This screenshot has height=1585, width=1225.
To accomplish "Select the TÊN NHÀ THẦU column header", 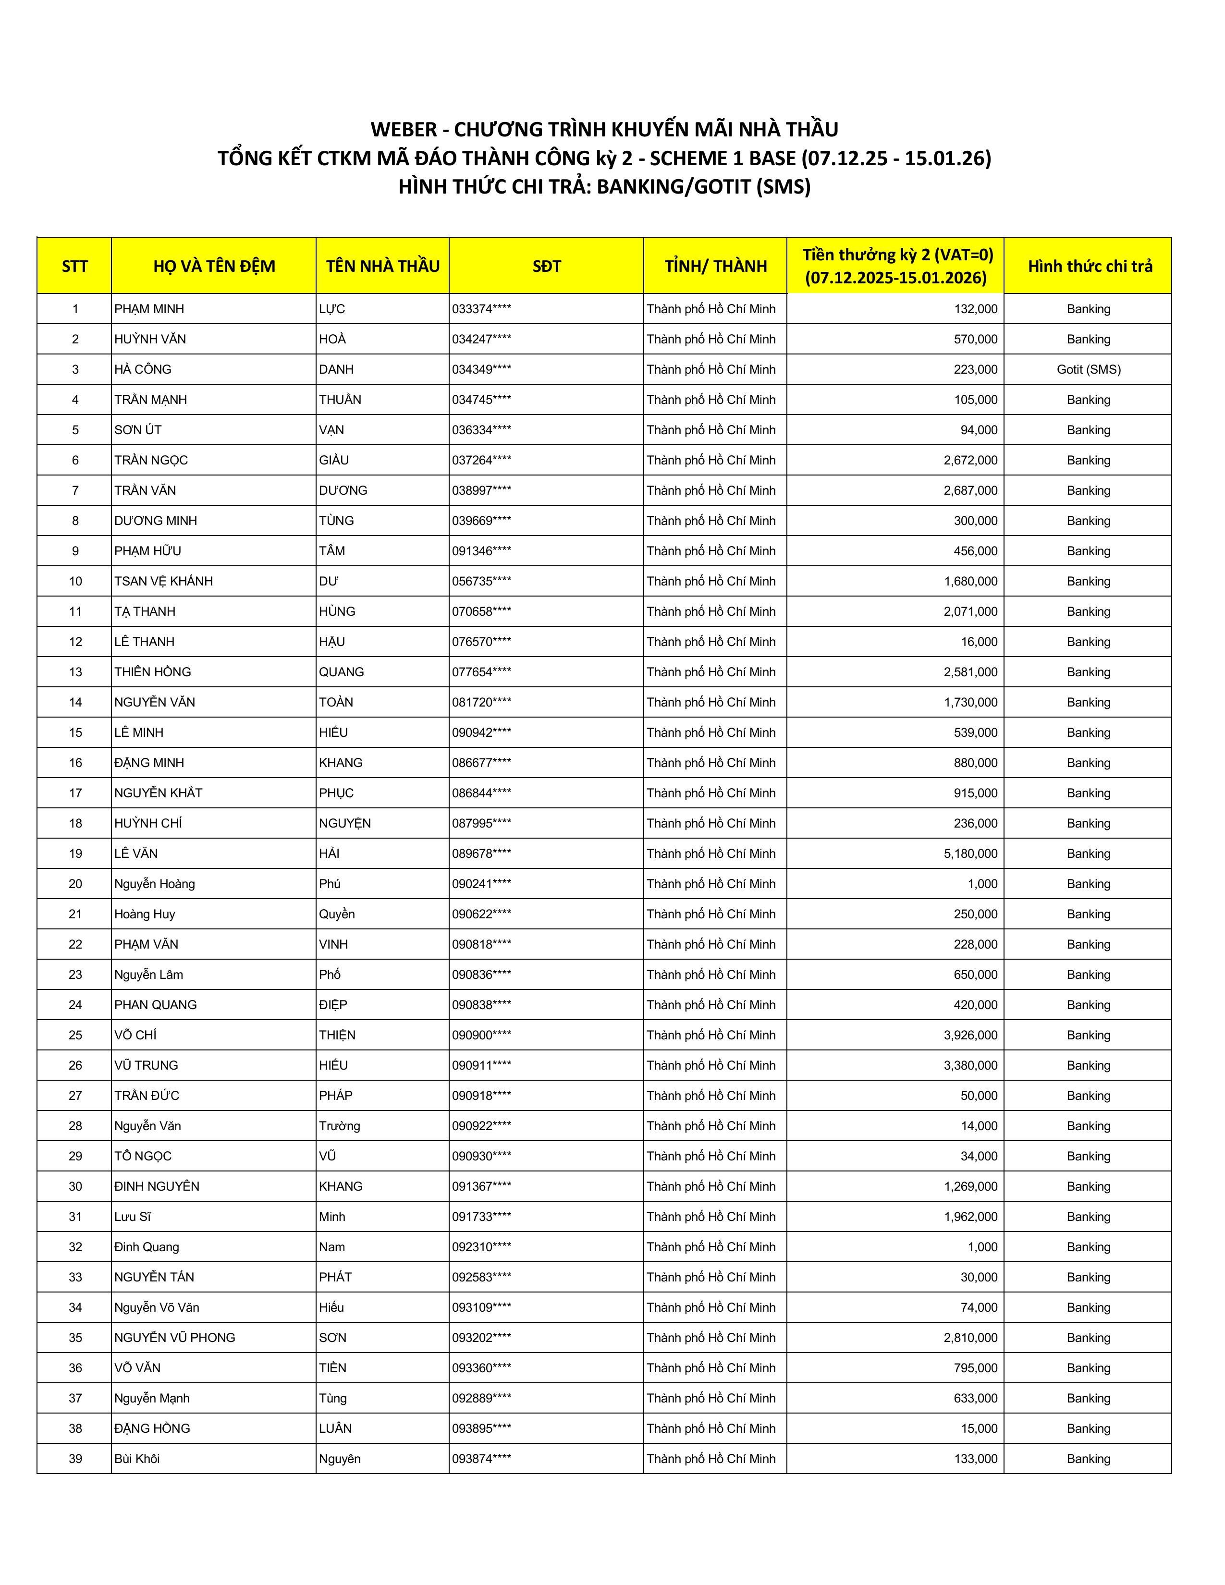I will coord(382,267).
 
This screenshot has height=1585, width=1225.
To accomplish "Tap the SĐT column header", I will coord(547,267).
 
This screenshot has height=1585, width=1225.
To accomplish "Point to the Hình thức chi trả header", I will coord(1090,267).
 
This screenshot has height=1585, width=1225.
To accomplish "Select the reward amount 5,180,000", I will coord(970,853).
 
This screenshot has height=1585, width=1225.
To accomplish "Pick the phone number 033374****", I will coord(481,309).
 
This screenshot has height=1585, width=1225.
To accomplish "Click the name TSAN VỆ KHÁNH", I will coord(163,581).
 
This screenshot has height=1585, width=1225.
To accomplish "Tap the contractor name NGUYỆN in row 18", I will coord(345,823).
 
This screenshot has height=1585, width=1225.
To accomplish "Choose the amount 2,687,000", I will coord(970,490).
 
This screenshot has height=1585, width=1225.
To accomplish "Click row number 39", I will coord(75,1459).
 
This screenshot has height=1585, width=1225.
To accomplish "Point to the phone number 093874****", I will coord(481,1459).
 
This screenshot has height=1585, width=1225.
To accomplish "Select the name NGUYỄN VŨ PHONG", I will coord(174,1338).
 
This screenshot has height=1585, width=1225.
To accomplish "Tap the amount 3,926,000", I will coord(970,1035).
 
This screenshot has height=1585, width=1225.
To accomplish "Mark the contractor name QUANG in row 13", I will coord(341,672).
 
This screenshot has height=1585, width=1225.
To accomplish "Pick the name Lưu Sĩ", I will coord(132,1216).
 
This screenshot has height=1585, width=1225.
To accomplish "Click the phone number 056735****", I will coord(481,581).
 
